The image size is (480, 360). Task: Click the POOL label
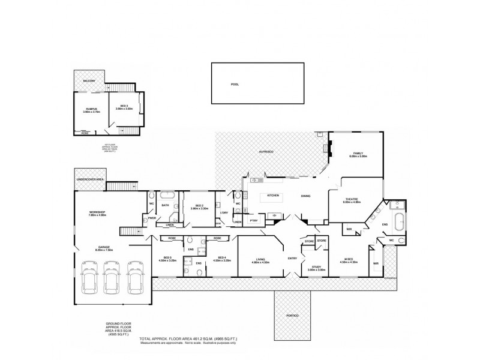point(235,85)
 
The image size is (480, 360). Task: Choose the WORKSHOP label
point(97,212)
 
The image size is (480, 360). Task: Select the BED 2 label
point(199,206)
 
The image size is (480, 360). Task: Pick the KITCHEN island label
point(274,196)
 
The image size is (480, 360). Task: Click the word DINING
point(305,196)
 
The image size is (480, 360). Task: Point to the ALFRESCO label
point(266,152)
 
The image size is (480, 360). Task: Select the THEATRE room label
point(352,200)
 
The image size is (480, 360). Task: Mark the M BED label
point(348,260)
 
